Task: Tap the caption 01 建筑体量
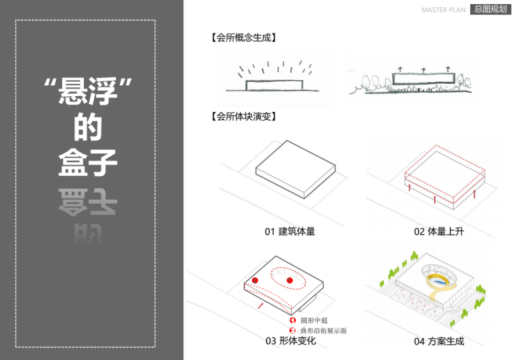tap(290, 232)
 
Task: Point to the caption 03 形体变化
tap(290, 341)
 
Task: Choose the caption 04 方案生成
tap(438, 341)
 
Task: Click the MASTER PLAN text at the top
tap(443, 10)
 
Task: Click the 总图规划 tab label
tap(491, 10)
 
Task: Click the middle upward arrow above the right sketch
tap(423, 70)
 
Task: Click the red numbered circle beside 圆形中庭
tap(292, 320)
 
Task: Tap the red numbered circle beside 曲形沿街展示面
tap(292, 330)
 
